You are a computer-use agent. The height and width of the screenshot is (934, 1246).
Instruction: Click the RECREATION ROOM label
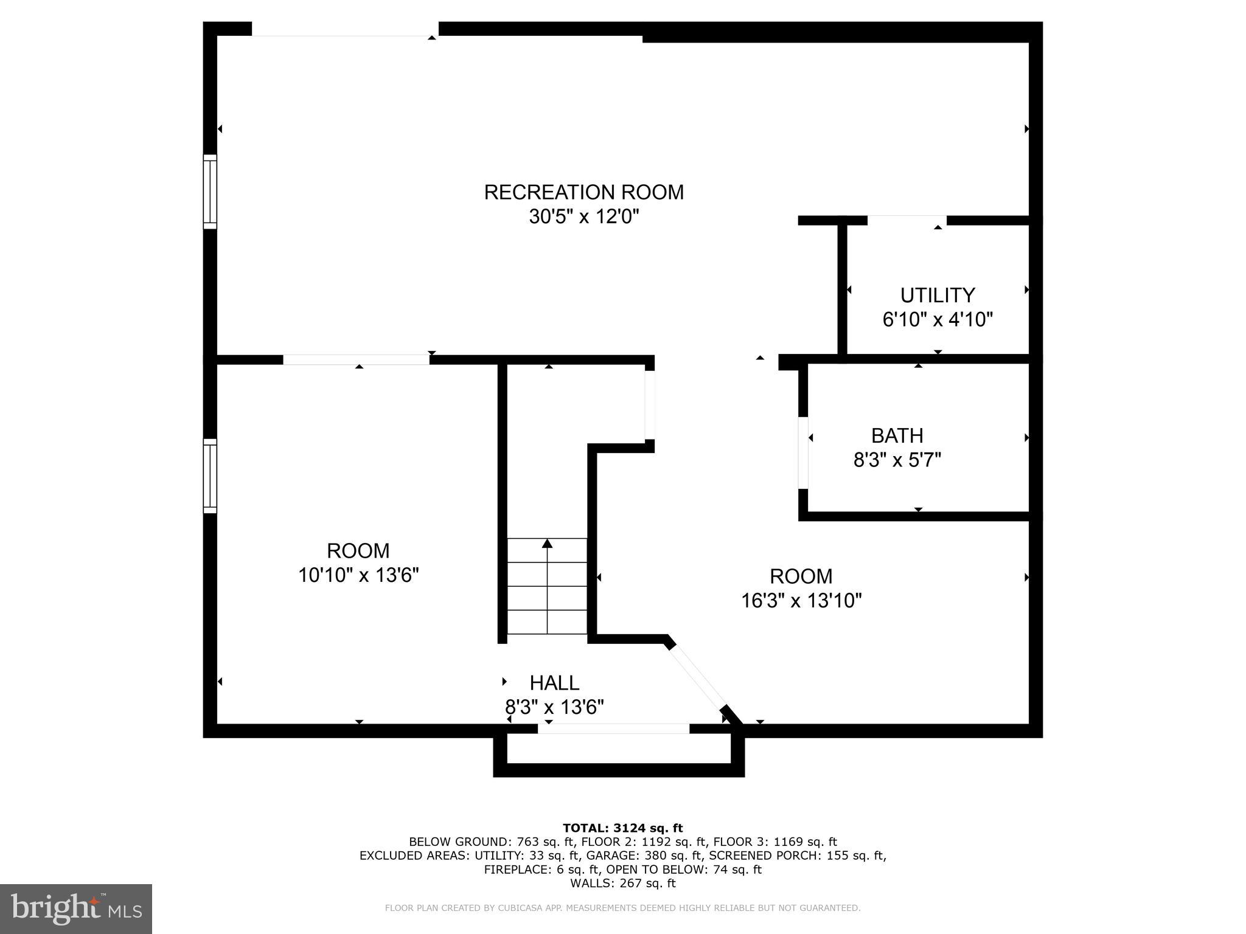pos(583,192)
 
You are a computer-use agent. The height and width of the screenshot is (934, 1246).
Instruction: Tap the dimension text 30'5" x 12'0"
pos(583,216)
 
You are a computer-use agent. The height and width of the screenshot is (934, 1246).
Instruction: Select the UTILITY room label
pos(937,296)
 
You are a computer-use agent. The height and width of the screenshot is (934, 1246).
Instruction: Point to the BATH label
pos(897,435)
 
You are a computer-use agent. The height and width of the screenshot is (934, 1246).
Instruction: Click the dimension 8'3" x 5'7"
pos(897,460)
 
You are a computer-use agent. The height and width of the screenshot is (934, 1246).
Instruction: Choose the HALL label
pos(554,683)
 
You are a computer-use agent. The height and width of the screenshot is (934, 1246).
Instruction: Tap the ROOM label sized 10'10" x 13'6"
pos(358,551)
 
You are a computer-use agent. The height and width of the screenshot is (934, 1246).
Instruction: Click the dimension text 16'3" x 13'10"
pos(801,601)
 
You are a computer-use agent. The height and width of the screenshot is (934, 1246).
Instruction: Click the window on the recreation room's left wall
pos(209,192)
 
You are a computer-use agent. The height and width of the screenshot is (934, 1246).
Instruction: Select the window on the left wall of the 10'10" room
pos(209,476)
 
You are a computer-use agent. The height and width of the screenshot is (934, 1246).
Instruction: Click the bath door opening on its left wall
pos(803,453)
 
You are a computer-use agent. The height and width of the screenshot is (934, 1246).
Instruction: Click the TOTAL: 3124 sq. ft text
pos(622,828)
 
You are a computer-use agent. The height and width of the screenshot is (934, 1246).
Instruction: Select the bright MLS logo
pos(76,909)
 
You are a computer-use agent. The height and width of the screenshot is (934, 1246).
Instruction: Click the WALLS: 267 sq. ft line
pos(622,884)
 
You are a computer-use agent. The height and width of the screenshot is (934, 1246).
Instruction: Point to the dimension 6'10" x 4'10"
pos(937,320)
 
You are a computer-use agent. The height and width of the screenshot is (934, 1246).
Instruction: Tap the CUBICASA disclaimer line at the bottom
pos(622,908)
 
